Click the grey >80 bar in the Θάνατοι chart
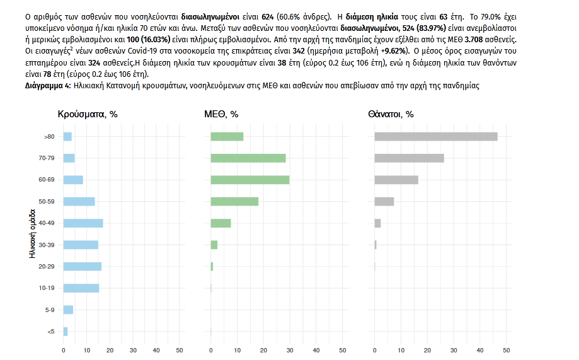coord(436,137)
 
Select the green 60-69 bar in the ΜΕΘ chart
coord(250,180)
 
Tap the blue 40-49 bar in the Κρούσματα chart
coord(83,223)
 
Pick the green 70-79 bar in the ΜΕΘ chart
coord(248,158)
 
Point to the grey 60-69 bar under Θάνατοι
coord(396,180)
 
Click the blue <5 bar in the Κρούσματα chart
coord(66,331)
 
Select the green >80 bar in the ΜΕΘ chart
coord(227,137)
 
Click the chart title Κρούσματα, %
coord(88,115)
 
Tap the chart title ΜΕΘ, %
coord(221,115)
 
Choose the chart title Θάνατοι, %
coord(391,115)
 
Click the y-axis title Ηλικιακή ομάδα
coord(32,234)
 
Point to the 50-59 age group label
coord(47,202)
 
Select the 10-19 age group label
coord(47,288)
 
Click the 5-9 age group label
coord(50,310)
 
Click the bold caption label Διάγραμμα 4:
coord(49,85)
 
